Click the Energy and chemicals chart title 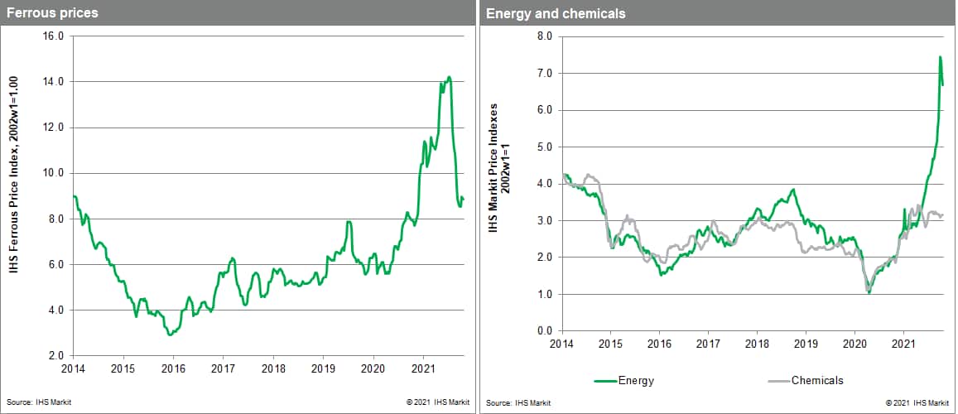[556, 13]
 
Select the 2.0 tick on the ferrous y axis [56, 356]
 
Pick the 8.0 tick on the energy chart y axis [545, 36]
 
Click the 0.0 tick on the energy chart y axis [545, 331]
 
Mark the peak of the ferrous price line [449, 78]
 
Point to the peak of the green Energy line [940, 57]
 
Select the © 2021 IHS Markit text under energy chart [917, 402]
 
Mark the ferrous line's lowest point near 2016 [170, 335]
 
